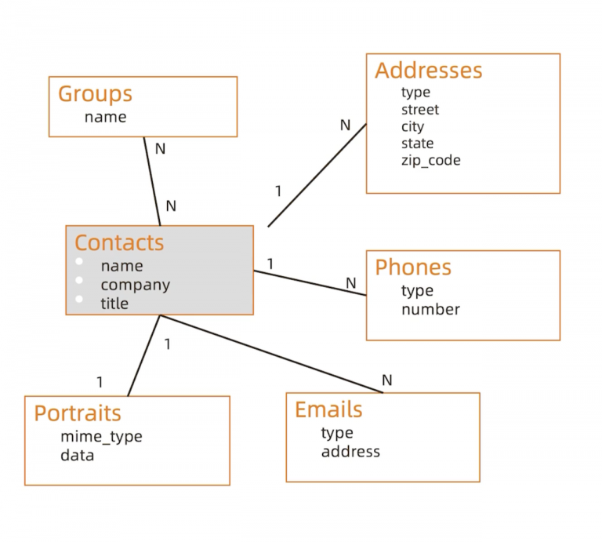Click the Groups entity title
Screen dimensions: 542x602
(95, 94)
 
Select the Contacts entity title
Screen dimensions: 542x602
(119, 243)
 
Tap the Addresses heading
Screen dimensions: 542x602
(428, 71)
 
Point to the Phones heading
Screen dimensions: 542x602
(413, 267)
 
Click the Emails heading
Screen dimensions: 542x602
(328, 409)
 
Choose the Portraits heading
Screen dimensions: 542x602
(78, 413)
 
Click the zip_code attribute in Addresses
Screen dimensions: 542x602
(430, 161)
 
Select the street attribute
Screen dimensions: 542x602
(420, 110)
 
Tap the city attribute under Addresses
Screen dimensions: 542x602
(412, 127)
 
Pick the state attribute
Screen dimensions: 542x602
(417, 144)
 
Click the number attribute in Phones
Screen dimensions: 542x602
(430, 309)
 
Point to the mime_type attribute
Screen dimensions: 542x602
(101, 437)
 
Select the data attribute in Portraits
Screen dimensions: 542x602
(77, 455)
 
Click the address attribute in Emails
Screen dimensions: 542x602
(350, 452)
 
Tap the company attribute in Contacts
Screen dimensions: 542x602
(135, 285)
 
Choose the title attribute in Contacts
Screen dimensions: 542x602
(114, 303)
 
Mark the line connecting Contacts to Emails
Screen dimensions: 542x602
(274, 355)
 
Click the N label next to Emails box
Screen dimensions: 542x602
(386, 380)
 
